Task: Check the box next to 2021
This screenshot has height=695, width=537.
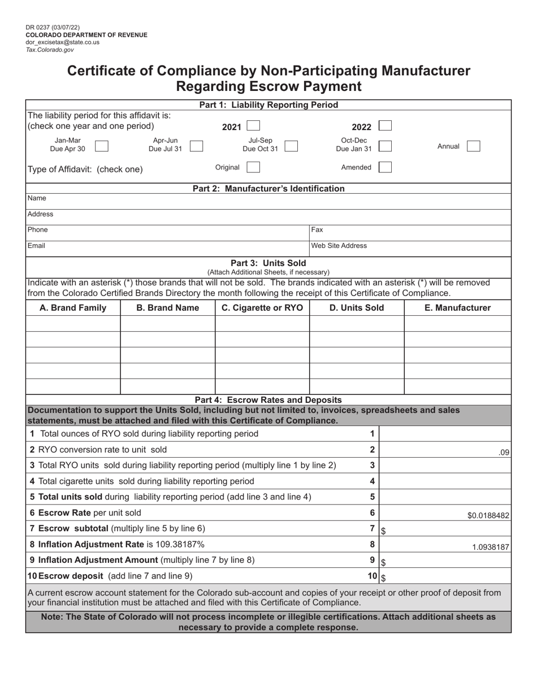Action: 254,126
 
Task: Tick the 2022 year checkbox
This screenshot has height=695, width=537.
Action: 385,126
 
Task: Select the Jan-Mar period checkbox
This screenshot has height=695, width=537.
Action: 102,146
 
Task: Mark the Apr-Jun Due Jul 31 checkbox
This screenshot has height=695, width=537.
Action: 197,146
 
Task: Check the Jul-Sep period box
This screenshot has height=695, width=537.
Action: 292,146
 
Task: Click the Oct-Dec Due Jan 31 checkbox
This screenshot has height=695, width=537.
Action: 385,146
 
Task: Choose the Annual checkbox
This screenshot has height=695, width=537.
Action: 474,146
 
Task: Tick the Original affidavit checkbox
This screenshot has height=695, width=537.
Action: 254,167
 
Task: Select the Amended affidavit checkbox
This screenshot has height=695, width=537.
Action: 385,167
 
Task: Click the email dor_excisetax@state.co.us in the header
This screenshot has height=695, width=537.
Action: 62,42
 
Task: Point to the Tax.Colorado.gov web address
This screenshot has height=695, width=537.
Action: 50,50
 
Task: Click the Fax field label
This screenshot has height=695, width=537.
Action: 317,230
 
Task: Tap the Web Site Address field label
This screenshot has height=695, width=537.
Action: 339,246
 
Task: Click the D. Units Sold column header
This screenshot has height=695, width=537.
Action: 357,308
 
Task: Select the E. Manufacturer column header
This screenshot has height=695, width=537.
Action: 457,308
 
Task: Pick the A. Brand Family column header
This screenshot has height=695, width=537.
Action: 73,308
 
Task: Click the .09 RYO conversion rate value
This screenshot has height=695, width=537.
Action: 504,452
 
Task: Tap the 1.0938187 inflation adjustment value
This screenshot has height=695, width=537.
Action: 491,547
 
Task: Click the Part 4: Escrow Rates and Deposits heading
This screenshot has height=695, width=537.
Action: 268,400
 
